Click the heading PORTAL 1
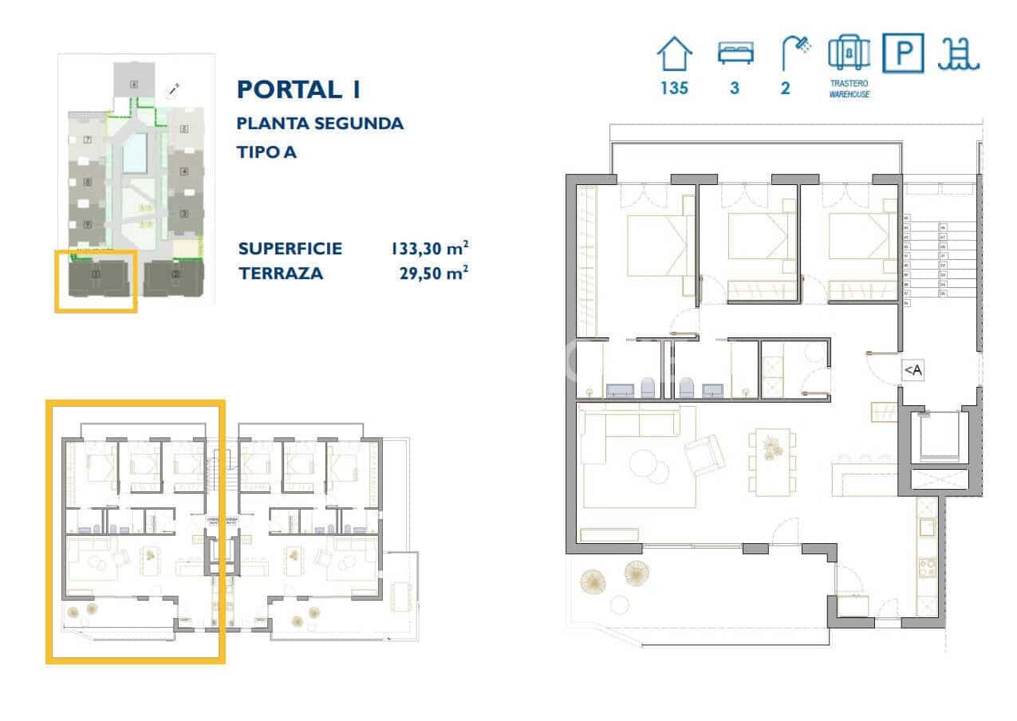pos(298,89)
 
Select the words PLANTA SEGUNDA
pos(320,124)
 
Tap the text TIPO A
pos(266,152)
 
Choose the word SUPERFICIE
pos(290,249)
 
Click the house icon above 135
pos(674,56)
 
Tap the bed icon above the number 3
pos(734,53)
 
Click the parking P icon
pos(903,53)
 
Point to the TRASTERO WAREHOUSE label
pos(849,89)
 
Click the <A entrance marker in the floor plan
pos(913,370)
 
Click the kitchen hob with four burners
pos(928,568)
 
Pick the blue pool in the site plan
pos(135,152)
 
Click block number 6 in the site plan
pos(134,84)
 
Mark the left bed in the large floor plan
pos(656,244)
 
